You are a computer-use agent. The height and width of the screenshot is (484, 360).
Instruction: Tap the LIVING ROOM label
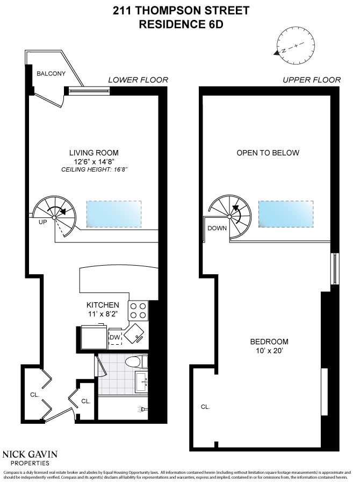[x=93, y=152]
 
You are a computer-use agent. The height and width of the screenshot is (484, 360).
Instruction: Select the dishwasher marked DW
[x=114, y=337]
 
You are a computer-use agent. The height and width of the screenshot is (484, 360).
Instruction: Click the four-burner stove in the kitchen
[x=137, y=310]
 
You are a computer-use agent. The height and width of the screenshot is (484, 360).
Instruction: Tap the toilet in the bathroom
[x=134, y=361]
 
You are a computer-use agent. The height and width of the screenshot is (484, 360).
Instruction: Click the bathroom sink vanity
[x=141, y=383]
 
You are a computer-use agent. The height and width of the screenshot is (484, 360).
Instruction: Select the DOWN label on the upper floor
[x=217, y=227]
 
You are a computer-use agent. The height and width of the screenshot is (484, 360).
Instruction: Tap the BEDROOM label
[x=269, y=341]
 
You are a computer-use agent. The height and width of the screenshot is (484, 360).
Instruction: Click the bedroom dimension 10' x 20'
[x=269, y=351]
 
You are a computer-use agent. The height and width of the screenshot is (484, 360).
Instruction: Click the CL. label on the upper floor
[x=205, y=407]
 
